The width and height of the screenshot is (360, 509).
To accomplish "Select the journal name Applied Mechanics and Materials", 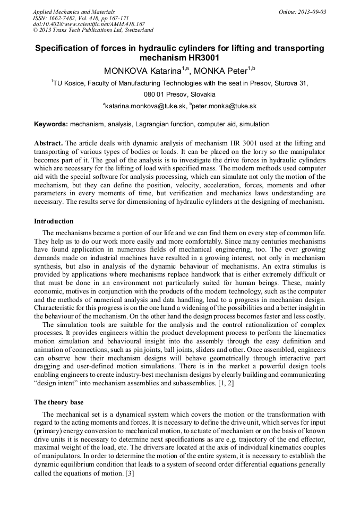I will pos(74,12).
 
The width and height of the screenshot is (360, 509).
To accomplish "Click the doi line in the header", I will pos(89,24).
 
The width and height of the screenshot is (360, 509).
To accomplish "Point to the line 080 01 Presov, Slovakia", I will pos(179,94).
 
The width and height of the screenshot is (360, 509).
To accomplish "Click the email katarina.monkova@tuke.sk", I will pos(145,106).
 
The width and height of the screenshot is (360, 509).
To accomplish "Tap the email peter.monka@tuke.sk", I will pos(224,106).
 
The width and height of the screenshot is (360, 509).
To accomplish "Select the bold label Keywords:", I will pos(51,124).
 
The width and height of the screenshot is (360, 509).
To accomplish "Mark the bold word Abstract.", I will pos(48,143).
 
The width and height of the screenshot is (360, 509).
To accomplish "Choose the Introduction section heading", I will pos(54,221).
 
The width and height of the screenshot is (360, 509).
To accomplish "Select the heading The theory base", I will pos(58,402).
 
